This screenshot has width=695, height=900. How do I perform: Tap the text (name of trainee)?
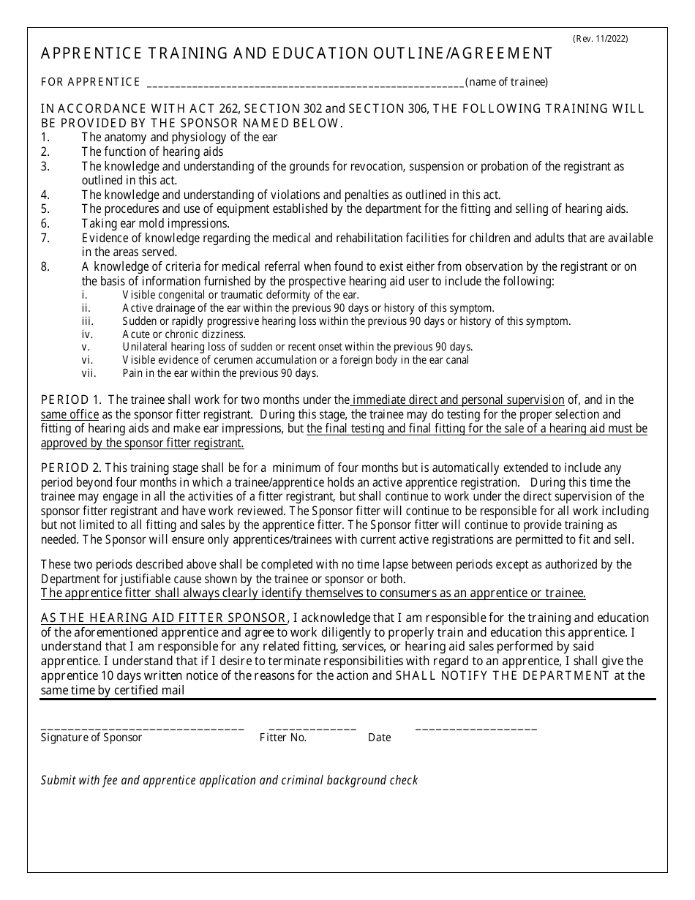coord(506,82)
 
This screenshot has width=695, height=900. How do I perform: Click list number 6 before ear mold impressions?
coord(45,223)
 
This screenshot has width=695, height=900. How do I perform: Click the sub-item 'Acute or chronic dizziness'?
coord(184,334)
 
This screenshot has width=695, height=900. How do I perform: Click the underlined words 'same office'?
coord(64,413)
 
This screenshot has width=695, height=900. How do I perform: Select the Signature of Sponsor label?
coord(91,738)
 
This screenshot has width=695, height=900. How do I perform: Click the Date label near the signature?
coord(379,738)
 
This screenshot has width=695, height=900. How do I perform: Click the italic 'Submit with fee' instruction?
coord(229,780)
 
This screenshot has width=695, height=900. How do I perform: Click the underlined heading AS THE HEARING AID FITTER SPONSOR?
coord(165,618)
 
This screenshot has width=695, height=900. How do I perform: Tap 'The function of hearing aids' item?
coord(152,151)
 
